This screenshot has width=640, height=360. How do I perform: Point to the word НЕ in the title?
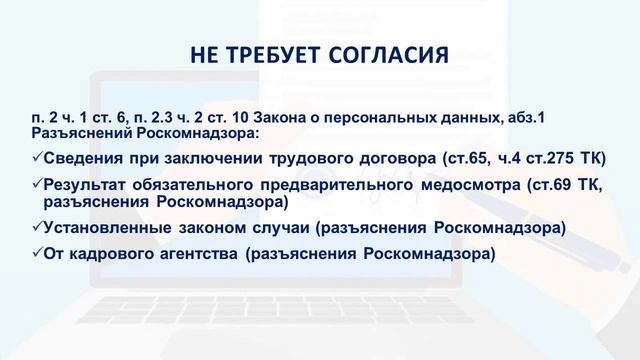pos(203,53)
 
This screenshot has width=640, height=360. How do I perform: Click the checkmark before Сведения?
pos(37,158)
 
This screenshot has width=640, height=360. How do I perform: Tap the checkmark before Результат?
pos(37,185)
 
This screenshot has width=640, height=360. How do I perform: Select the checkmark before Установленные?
pos(37,227)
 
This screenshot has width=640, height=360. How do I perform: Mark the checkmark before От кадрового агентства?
pos(37,253)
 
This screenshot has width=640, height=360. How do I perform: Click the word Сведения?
pos(82,158)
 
